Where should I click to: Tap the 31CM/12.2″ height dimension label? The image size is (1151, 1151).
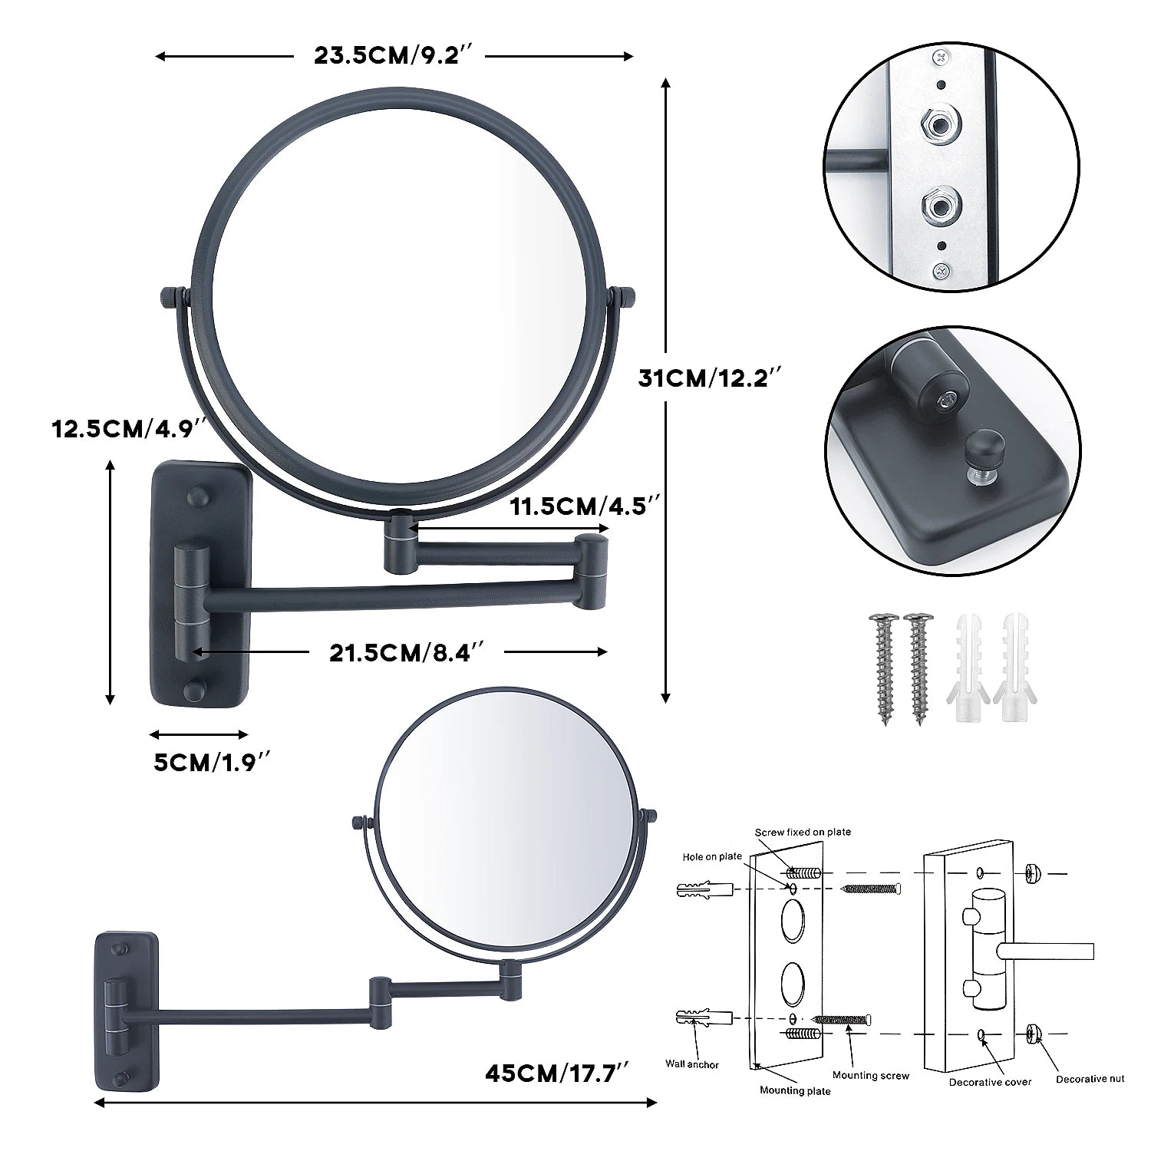(x=711, y=378)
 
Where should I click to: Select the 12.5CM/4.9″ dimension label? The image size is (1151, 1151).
(x=127, y=428)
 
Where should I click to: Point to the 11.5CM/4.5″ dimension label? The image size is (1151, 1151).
(x=585, y=506)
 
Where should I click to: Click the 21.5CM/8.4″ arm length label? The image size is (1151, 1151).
(x=407, y=653)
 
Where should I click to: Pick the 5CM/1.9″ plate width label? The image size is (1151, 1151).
(x=213, y=763)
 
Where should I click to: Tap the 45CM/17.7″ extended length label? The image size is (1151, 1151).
(x=557, y=1072)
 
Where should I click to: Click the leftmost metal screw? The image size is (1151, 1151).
(x=882, y=668)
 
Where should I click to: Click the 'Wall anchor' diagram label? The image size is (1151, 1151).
(x=692, y=1064)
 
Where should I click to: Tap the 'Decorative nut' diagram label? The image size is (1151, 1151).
(x=1090, y=1079)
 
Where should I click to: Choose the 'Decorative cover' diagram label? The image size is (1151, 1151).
(x=990, y=1082)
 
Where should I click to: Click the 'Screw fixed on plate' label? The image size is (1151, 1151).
(x=803, y=832)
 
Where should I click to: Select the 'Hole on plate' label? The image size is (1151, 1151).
(x=712, y=857)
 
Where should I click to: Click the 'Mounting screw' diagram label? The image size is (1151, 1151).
(x=871, y=1076)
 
